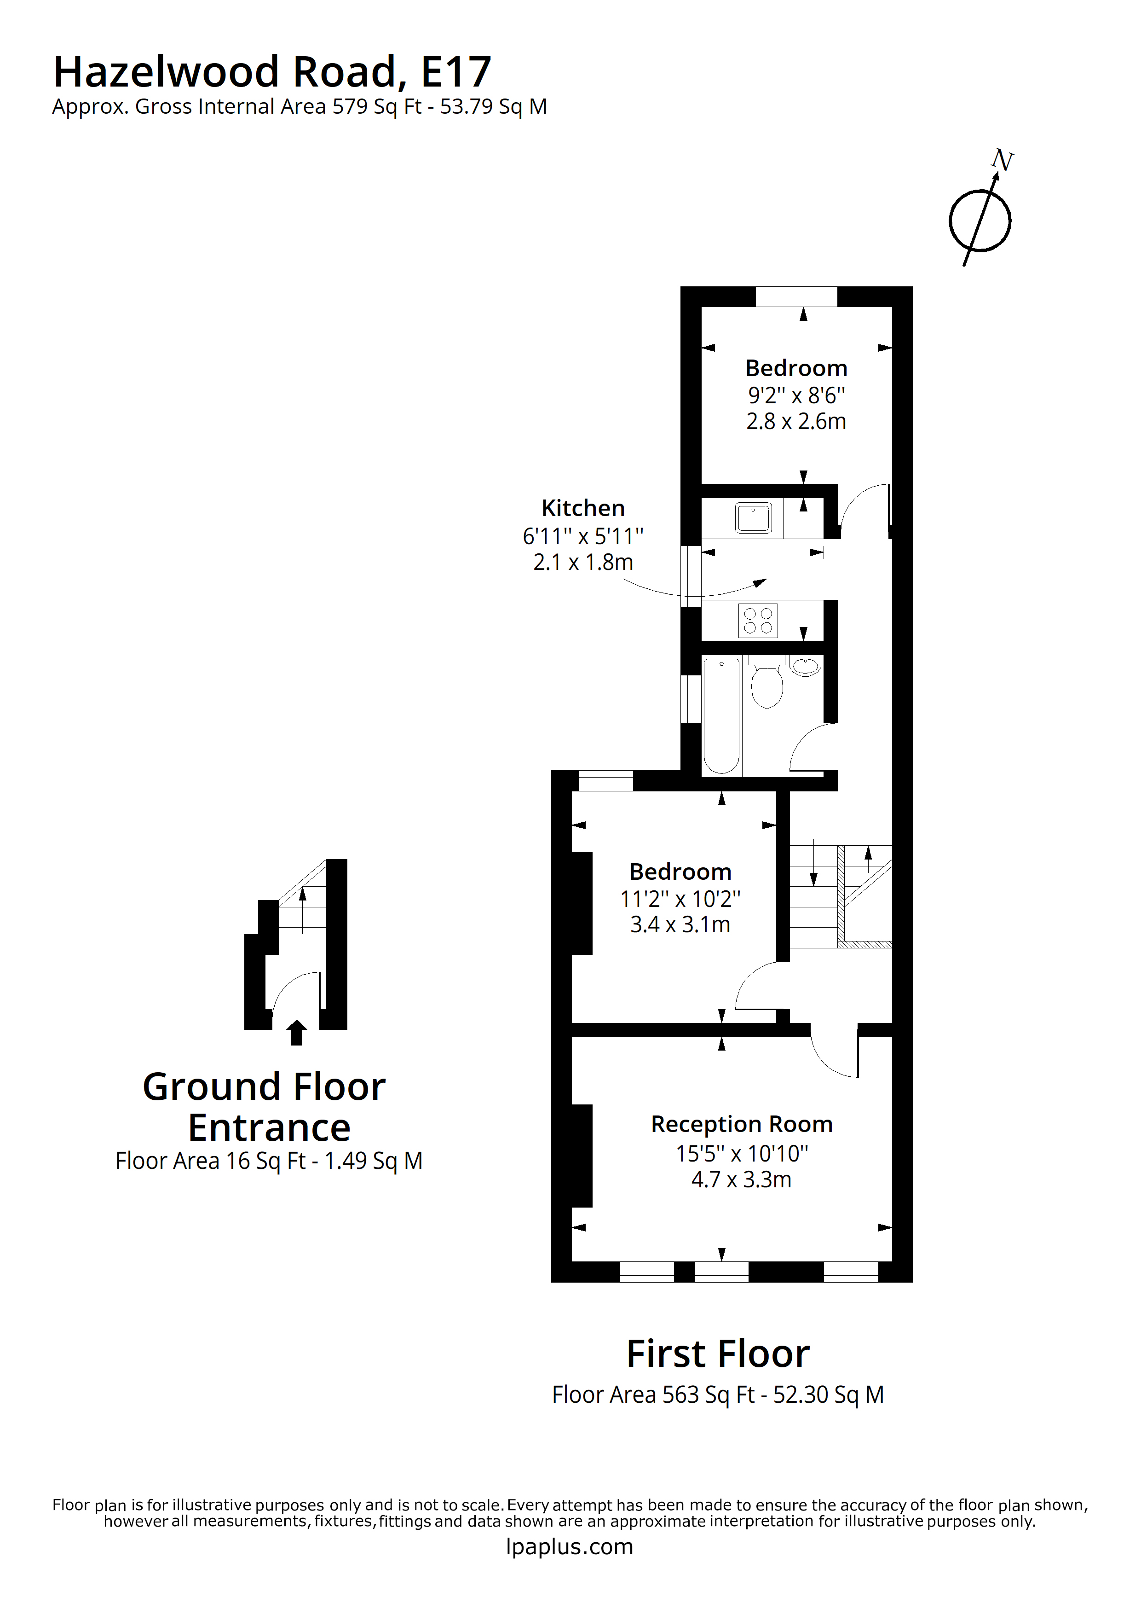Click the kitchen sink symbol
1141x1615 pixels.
tap(753, 518)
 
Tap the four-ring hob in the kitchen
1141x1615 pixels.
tap(758, 621)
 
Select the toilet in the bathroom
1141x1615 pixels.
tap(766, 685)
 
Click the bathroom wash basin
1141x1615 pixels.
tap(806, 665)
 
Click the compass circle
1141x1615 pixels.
tap(980, 221)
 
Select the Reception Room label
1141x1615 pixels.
tap(742, 1124)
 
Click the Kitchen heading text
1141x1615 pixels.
tap(583, 508)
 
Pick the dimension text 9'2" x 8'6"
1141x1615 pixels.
tap(796, 395)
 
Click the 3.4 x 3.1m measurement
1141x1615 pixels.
tap(680, 924)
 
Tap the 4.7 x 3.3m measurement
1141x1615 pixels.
tap(741, 1179)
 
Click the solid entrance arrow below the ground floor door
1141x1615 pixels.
tap(297, 1033)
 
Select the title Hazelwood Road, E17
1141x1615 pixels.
tap(272, 72)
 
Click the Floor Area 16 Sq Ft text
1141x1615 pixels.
tap(269, 1161)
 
